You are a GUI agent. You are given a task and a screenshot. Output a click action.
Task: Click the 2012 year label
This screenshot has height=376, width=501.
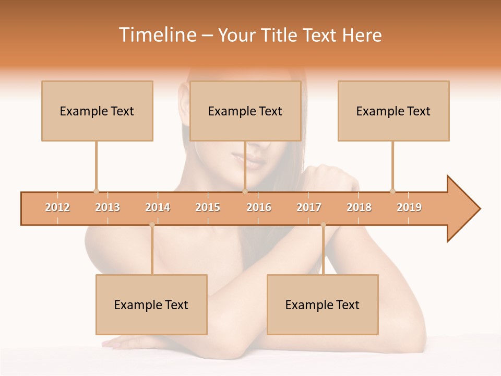point(57,207)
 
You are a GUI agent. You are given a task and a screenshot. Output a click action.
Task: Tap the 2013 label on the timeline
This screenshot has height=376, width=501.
point(108,207)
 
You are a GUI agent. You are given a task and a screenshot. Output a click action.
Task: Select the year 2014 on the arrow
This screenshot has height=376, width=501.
point(158,207)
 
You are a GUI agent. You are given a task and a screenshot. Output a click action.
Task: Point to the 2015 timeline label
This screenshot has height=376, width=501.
point(208,207)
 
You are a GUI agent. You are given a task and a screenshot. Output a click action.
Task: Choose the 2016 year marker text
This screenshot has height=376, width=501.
point(259,207)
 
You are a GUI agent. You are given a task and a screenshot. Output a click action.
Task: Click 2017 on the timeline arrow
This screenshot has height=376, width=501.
point(309,207)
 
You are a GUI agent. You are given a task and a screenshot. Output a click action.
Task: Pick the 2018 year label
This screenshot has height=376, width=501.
point(359,207)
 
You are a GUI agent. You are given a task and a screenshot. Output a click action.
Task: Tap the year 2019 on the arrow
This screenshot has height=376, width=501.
point(409,207)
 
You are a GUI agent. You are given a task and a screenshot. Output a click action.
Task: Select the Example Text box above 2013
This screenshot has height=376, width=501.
point(97,111)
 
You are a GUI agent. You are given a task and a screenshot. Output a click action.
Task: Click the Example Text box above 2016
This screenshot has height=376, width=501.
point(245,111)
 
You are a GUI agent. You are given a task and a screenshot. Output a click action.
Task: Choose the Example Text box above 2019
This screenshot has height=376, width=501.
point(393,111)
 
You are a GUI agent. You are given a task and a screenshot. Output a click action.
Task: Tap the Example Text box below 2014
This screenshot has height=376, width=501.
point(151,304)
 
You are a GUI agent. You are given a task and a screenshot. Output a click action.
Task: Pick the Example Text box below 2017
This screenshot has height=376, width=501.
point(323,304)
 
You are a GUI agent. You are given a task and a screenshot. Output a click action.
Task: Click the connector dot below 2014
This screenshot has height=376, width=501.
point(152,225)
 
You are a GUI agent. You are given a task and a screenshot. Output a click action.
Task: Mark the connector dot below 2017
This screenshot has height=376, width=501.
point(323,225)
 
